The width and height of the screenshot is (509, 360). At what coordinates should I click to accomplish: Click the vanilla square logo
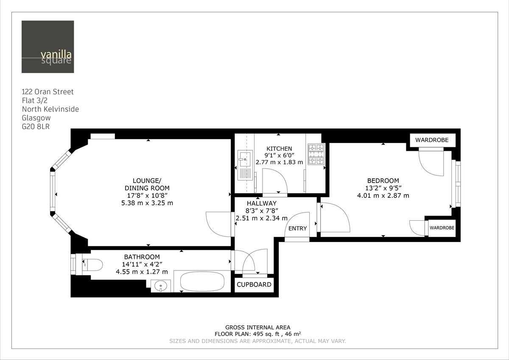[48, 47]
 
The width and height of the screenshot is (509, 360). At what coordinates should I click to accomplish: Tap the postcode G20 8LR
[36, 127]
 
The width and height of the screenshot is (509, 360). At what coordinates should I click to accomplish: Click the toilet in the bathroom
[93, 265]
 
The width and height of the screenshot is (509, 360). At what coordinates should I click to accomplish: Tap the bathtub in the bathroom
[202, 282]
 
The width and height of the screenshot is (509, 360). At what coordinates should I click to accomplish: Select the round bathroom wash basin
[160, 286]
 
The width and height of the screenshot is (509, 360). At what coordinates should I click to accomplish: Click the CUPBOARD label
[254, 284]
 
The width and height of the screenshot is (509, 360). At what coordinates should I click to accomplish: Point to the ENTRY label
[297, 228]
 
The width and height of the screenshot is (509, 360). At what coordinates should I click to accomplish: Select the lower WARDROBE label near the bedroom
[442, 228]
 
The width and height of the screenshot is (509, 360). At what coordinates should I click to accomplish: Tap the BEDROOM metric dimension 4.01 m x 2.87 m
[383, 196]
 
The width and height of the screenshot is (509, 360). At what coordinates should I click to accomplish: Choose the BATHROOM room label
[142, 257]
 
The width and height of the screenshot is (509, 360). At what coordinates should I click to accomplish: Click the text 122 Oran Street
[48, 92]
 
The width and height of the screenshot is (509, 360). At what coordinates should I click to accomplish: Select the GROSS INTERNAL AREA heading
[257, 327]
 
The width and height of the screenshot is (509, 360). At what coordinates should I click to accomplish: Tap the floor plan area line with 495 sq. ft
[257, 334]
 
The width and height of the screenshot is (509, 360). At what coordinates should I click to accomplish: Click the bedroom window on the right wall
[457, 183]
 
